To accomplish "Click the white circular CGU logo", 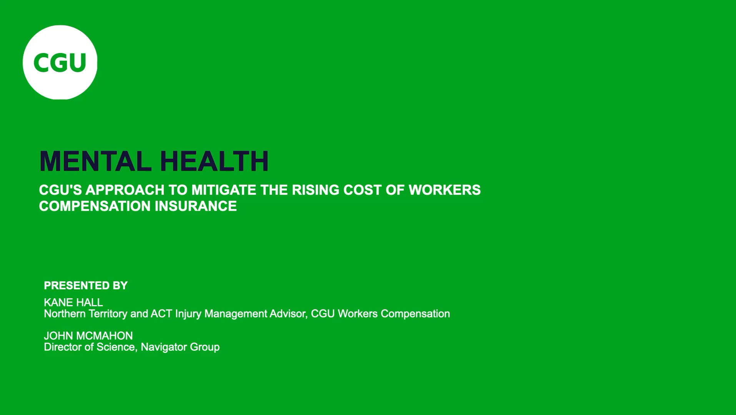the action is (60, 62).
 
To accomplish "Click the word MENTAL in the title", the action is (95, 161).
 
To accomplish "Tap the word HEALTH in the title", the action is (214, 161).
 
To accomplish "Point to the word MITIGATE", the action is (224, 190).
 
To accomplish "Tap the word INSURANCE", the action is (196, 206).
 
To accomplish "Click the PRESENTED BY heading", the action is (86, 286).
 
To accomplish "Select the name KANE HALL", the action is (73, 302).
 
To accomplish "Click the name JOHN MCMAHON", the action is (88, 336).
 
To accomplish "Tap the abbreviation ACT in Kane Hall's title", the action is (161, 314).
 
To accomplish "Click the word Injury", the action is (188, 314).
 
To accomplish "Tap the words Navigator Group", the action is (180, 347).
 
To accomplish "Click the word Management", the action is (236, 314).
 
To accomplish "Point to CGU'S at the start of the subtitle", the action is (61, 190).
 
